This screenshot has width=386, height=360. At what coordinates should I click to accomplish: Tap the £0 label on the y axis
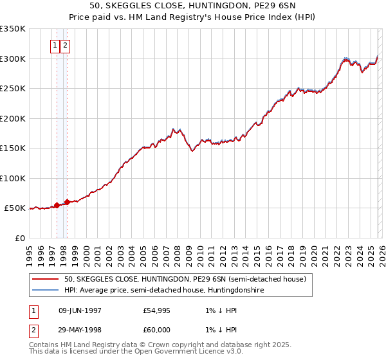[19, 239]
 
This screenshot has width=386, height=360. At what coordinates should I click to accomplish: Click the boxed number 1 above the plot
[55, 46]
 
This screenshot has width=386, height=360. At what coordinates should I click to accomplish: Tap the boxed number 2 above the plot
[66, 46]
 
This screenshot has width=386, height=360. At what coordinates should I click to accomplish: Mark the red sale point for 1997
[57, 206]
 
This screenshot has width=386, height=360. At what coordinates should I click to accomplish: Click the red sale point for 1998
[68, 203]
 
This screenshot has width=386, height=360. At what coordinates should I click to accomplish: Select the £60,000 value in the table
[157, 330]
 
